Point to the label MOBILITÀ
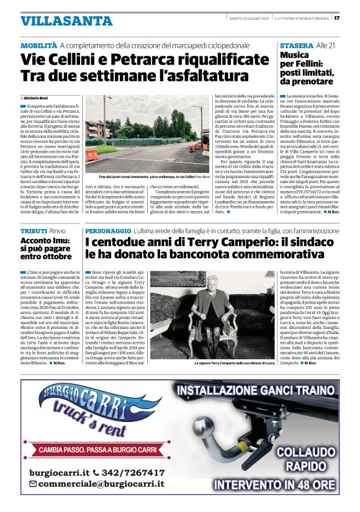(38, 47)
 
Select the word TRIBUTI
(33, 230)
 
